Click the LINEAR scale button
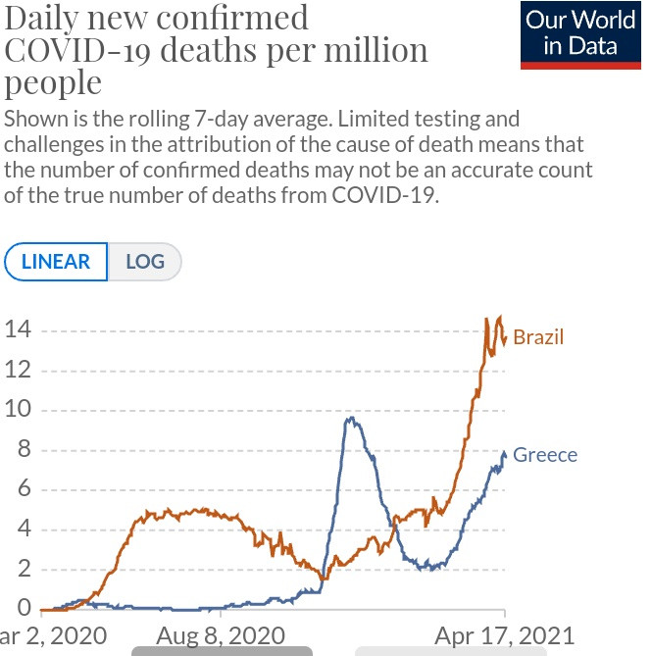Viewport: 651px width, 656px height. pyautogui.click(x=55, y=262)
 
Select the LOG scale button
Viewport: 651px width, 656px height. pyautogui.click(x=143, y=262)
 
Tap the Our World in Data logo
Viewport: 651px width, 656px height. pyautogui.click(x=580, y=33)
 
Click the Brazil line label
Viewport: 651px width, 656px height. pyautogui.click(x=538, y=337)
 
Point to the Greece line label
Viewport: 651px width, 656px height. pyautogui.click(x=545, y=455)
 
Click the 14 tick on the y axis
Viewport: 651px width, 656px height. pyautogui.click(x=17, y=330)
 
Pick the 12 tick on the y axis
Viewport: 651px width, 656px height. pyautogui.click(x=17, y=371)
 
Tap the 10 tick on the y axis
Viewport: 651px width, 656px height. pyautogui.click(x=17, y=411)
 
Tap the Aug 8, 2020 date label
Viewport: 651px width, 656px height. pyautogui.click(x=222, y=635)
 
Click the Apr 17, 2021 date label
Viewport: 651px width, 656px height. pyautogui.click(x=504, y=635)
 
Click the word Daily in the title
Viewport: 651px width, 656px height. pyautogui.click(x=48, y=17)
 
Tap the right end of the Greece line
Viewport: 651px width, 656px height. pyautogui.click(x=505, y=454)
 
